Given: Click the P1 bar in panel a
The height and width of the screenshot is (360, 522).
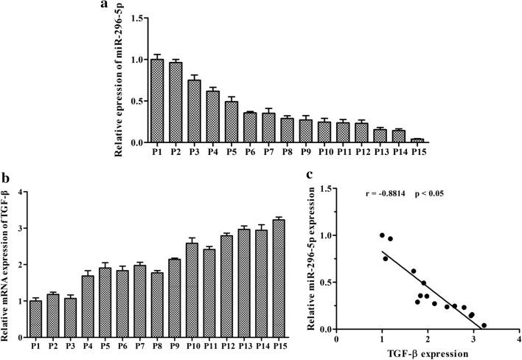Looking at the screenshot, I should [x=156, y=100].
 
